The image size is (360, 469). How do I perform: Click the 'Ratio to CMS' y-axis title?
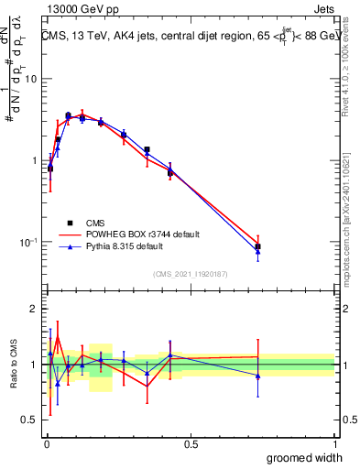pos(13,364)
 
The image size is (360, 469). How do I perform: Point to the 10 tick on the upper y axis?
pos(30,79)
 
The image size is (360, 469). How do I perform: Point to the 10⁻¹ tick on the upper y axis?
pos(27,242)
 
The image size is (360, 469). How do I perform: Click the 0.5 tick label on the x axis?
pos(191,443)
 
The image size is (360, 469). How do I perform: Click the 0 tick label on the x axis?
pos(46,443)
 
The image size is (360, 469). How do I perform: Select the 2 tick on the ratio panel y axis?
pos(34,309)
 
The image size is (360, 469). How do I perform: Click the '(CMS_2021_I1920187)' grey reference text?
pos(190,272)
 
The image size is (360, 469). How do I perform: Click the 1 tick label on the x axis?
pos(334,443)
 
